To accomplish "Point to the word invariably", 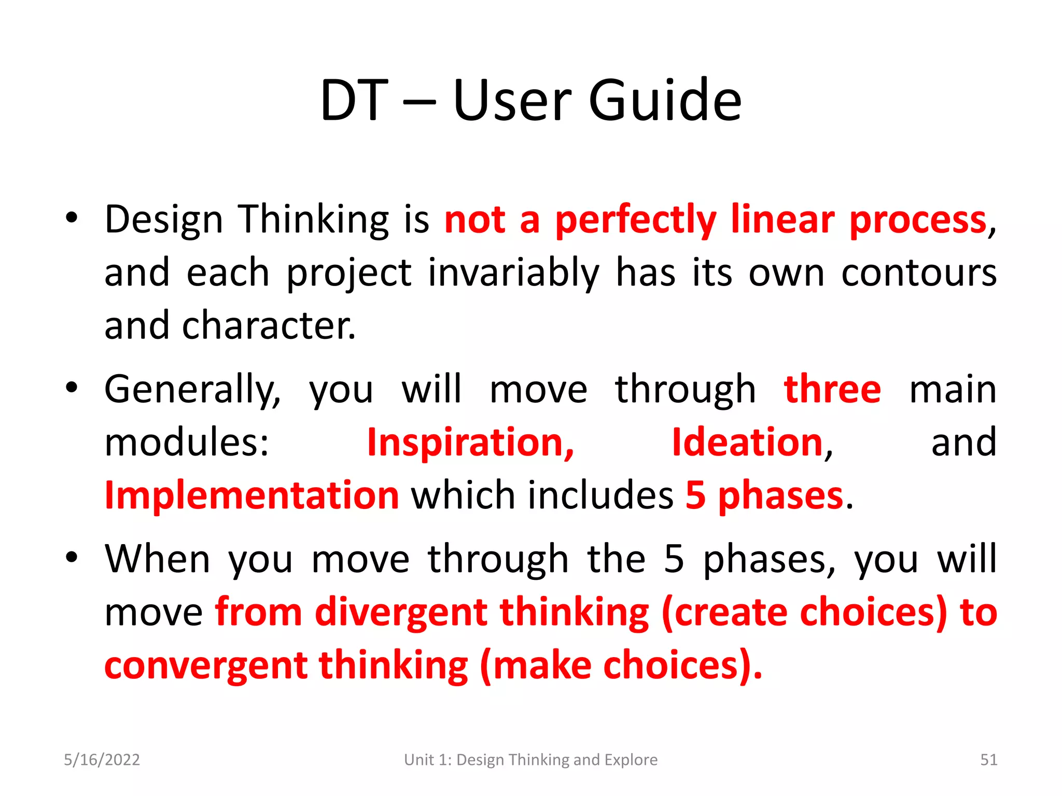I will point(513,273).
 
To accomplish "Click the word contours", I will point(918,273).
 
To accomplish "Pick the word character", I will point(269,326).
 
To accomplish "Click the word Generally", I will point(192,390).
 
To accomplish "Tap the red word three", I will point(832,389).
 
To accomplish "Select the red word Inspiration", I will point(470,443).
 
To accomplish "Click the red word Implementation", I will point(251,495).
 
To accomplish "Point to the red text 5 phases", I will point(764,496).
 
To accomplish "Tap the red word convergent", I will point(205,666).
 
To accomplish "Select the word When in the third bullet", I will point(157,559).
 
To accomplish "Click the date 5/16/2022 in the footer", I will point(102,760).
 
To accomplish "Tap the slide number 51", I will point(988,760).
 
